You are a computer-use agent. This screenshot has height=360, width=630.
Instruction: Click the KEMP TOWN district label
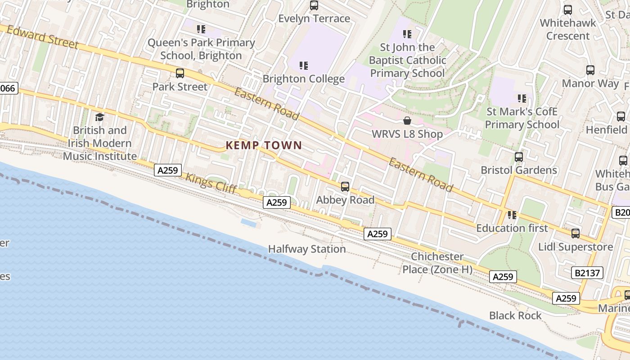[x=263, y=145]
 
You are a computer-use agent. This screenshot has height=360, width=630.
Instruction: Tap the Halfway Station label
[x=307, y=249]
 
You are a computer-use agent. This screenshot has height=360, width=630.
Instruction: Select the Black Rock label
[x=515, y=315]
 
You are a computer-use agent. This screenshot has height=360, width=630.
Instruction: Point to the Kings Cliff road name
[x=211, y=184]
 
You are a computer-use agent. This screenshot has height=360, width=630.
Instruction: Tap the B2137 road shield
[x=587, y=272]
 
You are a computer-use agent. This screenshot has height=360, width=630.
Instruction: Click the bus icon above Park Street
[x=180, y=73]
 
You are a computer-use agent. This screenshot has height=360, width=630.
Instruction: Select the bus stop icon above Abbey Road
[x=345, y=186]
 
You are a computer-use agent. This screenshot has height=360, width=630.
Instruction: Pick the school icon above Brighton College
[x=304, y=66]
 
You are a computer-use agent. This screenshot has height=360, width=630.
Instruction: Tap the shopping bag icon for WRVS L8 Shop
[x=407, y=121]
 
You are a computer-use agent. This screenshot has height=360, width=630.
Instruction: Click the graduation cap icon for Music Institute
[x=99, y=117]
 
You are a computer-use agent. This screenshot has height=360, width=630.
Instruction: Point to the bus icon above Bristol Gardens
[x=519, y=157]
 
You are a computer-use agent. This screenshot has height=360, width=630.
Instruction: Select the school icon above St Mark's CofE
[x=522, y=98]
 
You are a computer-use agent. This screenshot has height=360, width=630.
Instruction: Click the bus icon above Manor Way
[x=590, y=70]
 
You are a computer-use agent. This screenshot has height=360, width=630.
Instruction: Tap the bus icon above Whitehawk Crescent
[x=568, y=10]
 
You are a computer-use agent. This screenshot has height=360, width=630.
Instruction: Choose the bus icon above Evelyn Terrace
[x=314, y=6]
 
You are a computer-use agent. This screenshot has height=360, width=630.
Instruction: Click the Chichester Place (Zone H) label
[x=437, y=263]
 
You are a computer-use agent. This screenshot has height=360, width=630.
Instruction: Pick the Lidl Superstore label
[x=576, y=247]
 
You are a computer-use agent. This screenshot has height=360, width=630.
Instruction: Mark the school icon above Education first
[x=512, y=215]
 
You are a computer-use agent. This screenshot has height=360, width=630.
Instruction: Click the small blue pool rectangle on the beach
[x=249, y=223]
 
